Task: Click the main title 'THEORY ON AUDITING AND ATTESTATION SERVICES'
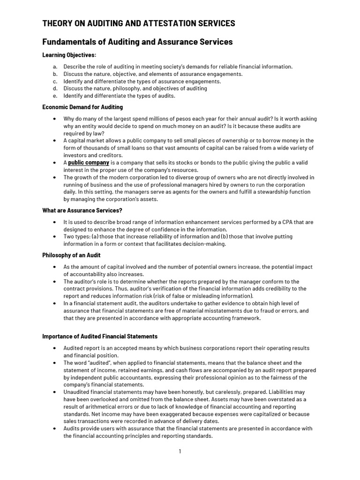pyautogui.click(x=139, y=23)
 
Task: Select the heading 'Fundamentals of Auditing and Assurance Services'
pyautogui.click(x=137, y=42)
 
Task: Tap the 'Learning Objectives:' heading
pyautogui.click(x=69, y=55)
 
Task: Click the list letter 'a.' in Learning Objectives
pyautogui.click(x=55, y=67)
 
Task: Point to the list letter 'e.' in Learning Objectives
pyautogui.click(x=55, y=96)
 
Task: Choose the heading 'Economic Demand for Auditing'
pyautogui.click(x=82, y=107)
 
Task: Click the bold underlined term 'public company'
pyautogui.click(x=89, y=163)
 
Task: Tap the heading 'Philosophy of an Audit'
pyautogui.click(x=71, y=255)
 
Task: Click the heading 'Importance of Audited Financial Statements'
pyautogui.click(x=100, y=337)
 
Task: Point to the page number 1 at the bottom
pyautogui.click(x=180, y=451)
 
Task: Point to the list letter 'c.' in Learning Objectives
pyautogui.click(x=55, y=81)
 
